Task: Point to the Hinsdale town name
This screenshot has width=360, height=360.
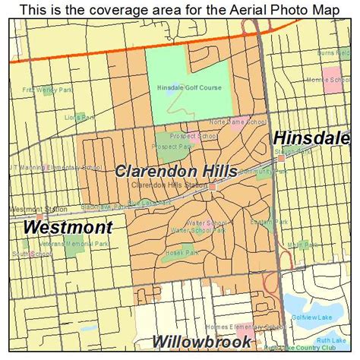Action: pos(311,139)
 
